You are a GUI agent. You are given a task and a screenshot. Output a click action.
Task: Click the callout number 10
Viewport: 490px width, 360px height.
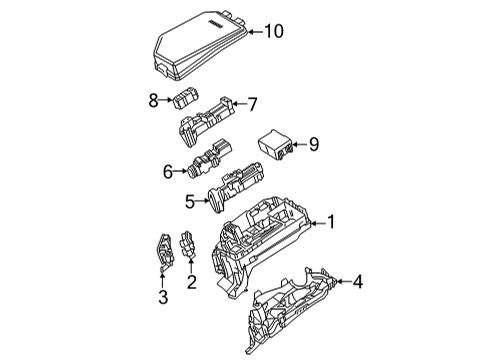click(273, 32)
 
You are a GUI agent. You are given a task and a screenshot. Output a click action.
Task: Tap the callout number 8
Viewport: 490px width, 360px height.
click(154, 99)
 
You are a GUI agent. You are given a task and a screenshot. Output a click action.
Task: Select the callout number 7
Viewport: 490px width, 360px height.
click(253, 103)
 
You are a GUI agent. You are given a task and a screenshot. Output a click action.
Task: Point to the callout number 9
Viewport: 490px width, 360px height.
click(313, 146)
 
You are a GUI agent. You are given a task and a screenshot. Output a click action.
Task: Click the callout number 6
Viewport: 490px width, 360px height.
click(169, 171)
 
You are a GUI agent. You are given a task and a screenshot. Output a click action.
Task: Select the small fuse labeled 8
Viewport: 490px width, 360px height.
click(184, 98)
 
